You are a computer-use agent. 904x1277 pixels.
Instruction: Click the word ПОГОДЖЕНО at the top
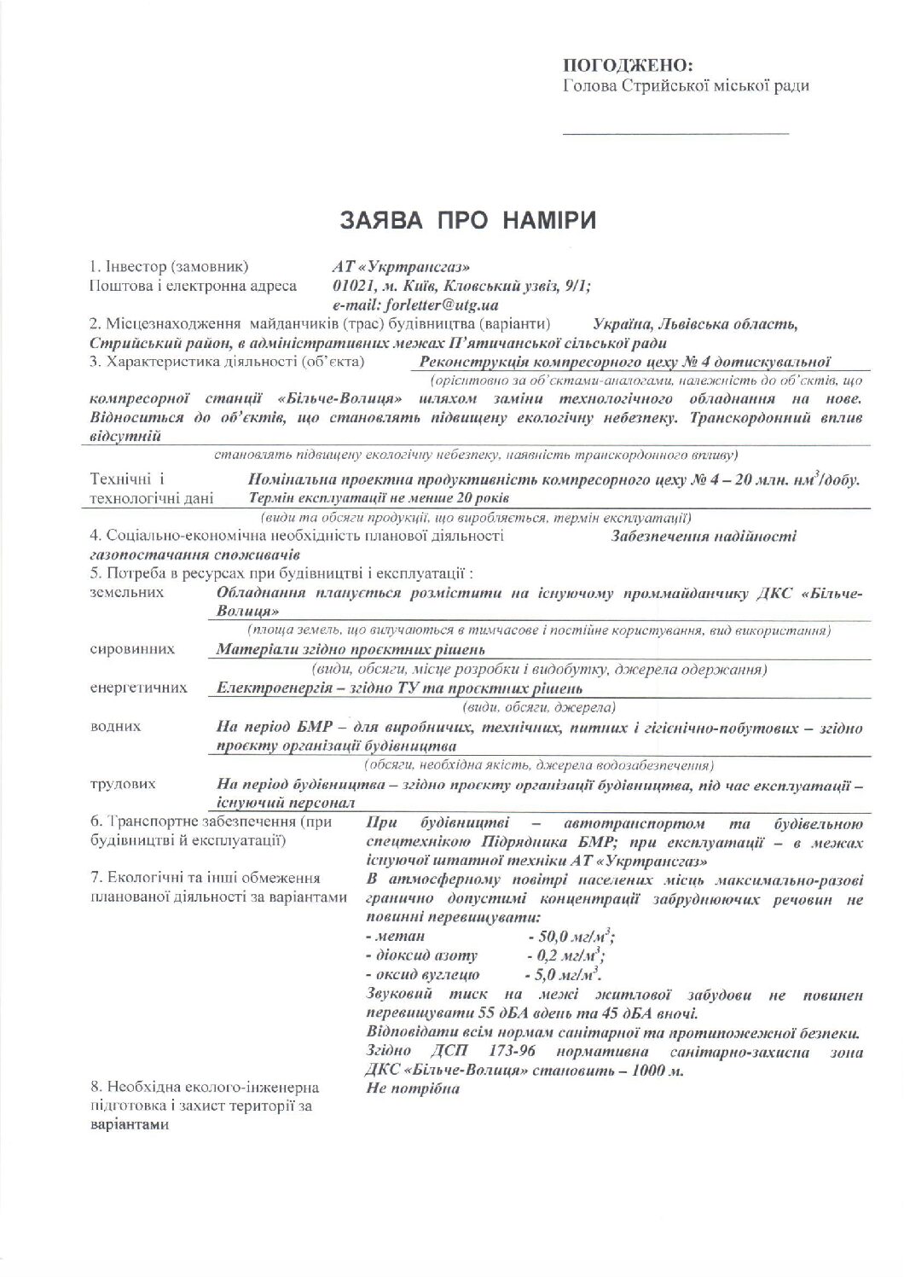(x=628, y=66)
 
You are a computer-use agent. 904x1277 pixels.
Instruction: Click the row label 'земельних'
(x=126, y=592)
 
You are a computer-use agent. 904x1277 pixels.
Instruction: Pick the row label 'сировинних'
(x=132, y=649)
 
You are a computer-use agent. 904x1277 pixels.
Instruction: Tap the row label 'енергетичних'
(x=138, y=688)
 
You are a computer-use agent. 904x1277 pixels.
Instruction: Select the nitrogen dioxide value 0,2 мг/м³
(x=568, y=955)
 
